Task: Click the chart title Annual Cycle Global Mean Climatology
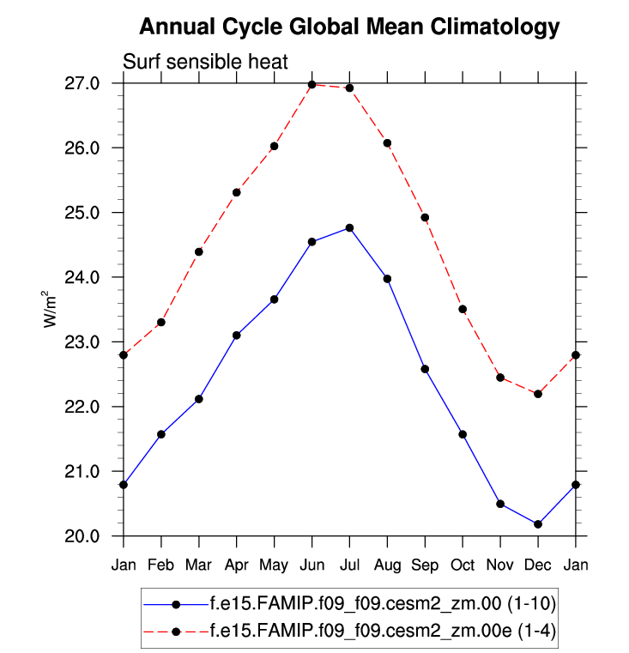click(x=348, y=27)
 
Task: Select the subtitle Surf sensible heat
click(x=205, y=62)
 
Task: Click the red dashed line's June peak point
click(x=311, y=84)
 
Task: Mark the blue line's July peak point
click(x=349, y=227)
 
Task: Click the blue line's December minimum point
click(x=538, y=524)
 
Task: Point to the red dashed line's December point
click(x=538, y=394)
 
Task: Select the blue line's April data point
click(x=236, y=335)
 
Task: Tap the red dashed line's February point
click(x=161, y=322)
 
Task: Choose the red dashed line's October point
click(x=463, y=309)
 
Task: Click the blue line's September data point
click(x=425, y=369)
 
